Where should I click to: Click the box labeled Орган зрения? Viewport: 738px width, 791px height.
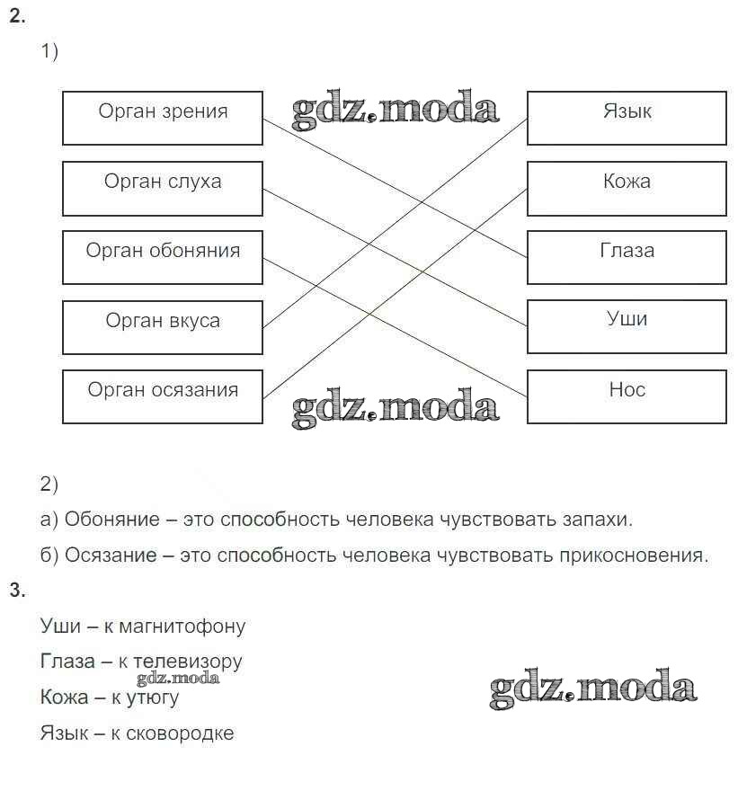(163, 118)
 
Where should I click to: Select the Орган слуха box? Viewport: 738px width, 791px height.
(163, 188)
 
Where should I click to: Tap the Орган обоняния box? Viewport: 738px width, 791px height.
(163, 257)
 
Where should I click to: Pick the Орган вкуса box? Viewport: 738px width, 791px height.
(163, 327)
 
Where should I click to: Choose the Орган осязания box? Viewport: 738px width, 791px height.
(163, 396)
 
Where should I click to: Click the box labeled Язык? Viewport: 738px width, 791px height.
(627, 118)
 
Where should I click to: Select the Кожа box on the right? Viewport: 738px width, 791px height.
(627, 188)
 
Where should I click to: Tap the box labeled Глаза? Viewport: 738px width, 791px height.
(627, 257)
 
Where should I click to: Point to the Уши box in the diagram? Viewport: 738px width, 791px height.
(627, 326)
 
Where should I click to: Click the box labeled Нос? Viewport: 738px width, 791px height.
(627, 396)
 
